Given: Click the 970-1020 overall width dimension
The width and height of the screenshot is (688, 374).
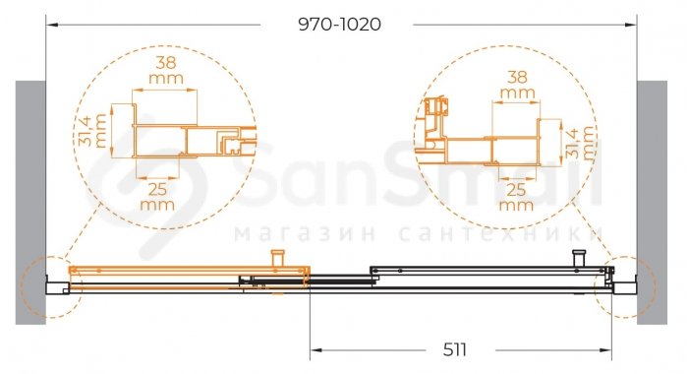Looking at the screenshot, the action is point(340,25).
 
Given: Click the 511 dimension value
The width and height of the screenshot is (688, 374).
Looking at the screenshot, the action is point(454,350).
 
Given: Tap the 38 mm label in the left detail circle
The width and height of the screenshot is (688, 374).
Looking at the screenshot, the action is point(166,70).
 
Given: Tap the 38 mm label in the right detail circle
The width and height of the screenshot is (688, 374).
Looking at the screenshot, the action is point(517,85).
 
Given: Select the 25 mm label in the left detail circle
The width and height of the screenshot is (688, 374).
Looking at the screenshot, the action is point(157,197).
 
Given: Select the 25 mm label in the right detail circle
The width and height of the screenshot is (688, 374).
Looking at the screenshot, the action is point(516,197).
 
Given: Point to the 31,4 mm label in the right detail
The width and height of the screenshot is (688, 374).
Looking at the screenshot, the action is point(580,143).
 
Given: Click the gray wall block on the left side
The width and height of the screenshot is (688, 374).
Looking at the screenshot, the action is point(30,203).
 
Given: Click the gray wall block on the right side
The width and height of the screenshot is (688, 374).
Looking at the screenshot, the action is point(652,203).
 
